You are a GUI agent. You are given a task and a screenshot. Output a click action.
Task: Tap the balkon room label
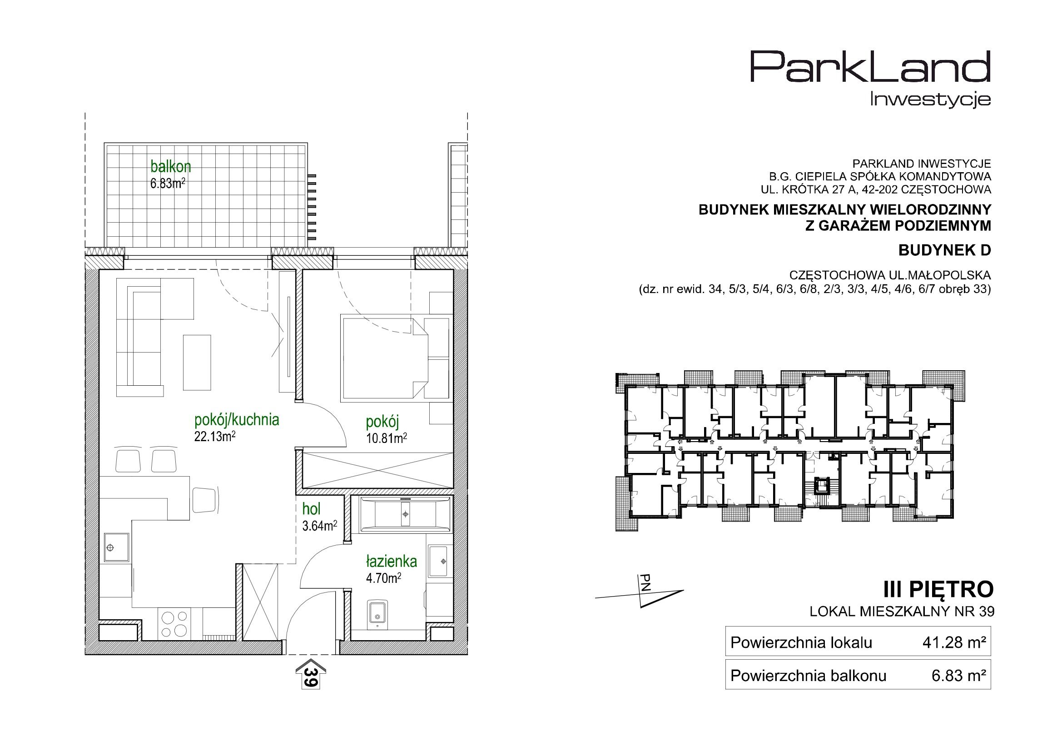point(170,166)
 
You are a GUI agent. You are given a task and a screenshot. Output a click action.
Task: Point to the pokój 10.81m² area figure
point(386,437)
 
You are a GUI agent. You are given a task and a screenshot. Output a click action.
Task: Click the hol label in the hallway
point(311,509)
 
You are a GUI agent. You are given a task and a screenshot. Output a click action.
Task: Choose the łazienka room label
point(391,562)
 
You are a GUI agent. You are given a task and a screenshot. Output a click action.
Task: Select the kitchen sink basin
point(116,547)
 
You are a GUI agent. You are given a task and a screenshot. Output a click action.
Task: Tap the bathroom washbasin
point(438,561)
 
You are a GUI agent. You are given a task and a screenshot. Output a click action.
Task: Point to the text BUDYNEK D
point(944,250)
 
